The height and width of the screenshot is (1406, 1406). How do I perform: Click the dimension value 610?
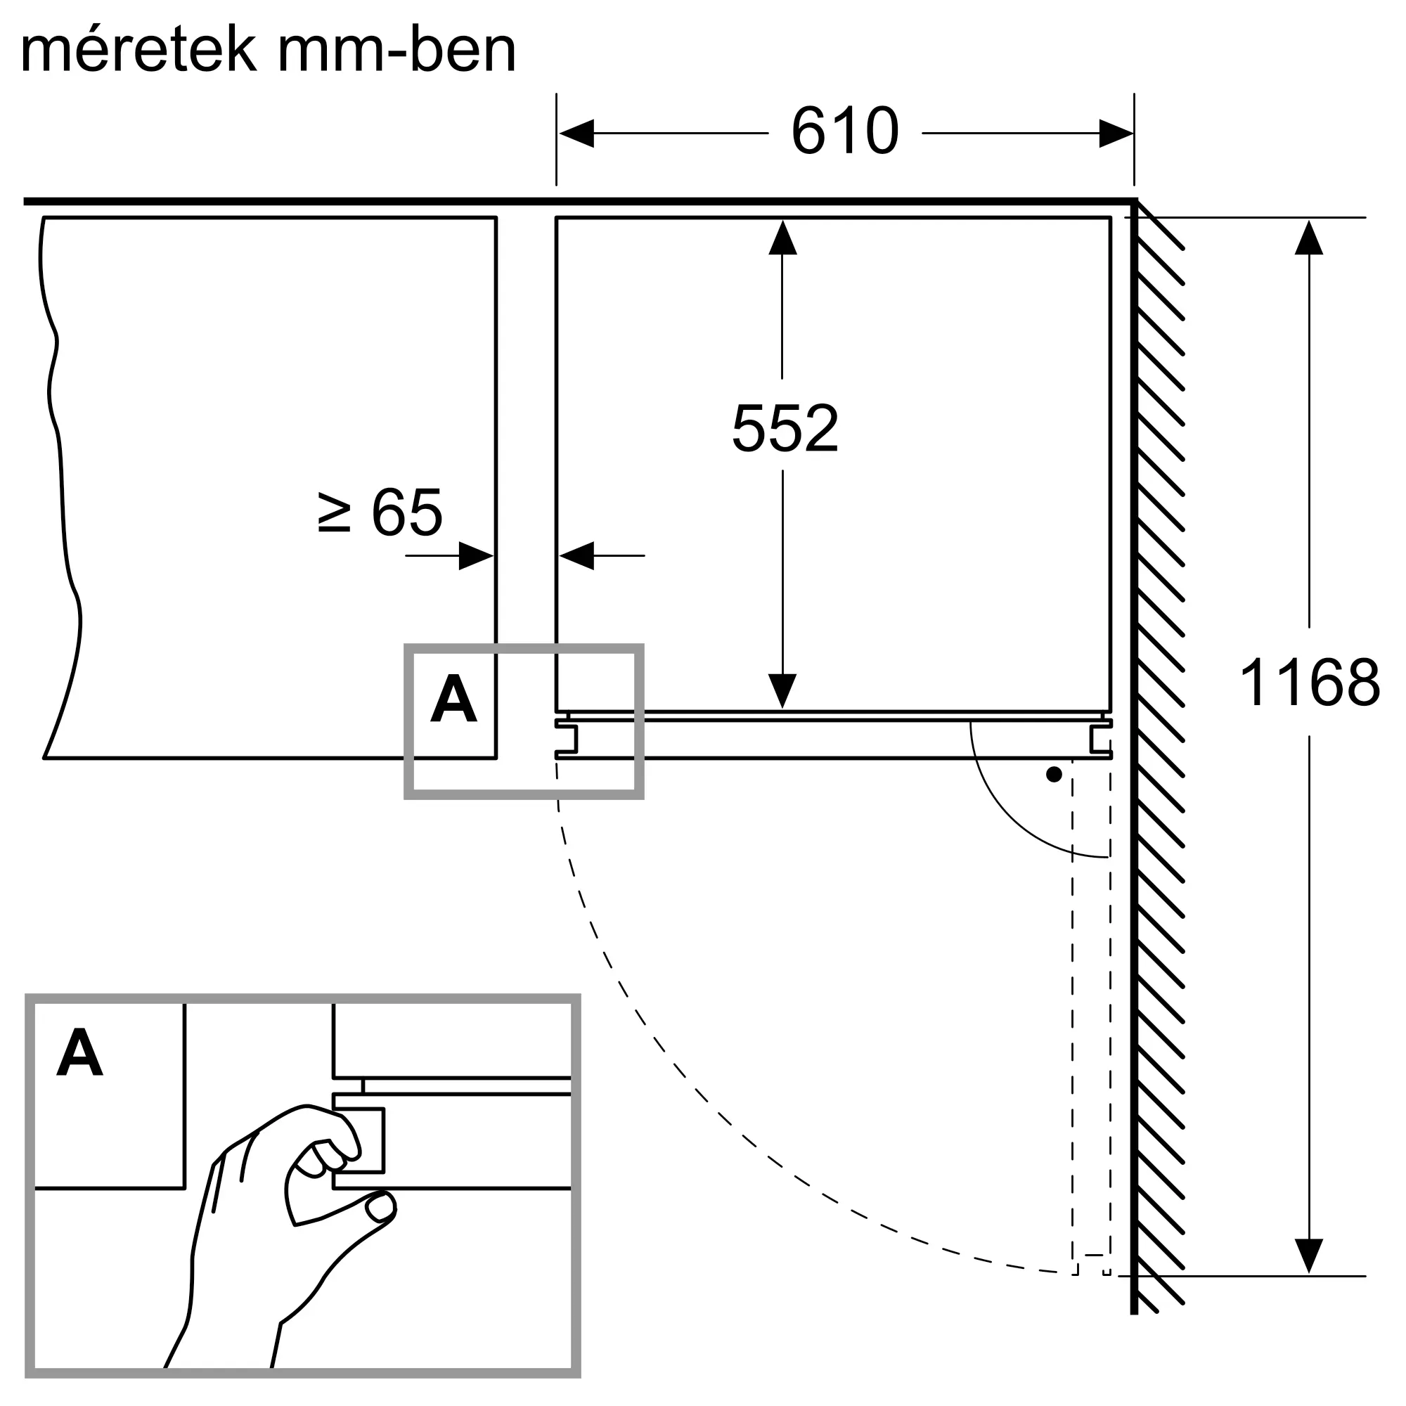[845, 131]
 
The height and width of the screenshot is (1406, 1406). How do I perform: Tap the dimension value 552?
[785, 429]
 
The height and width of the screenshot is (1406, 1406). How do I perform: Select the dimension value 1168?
[1309, 683]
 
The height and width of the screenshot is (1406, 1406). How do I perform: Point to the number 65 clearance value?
[407, 512]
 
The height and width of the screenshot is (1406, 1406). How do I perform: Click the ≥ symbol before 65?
[335, 512]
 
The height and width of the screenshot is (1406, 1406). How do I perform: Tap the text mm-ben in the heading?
[396, 49]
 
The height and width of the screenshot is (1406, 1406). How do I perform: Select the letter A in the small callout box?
[453, 698]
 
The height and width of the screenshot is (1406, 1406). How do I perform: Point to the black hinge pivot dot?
[1054, 774]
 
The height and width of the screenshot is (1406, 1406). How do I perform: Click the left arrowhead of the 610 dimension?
[576, 133]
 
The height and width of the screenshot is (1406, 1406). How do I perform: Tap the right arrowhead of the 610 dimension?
[1116, 133]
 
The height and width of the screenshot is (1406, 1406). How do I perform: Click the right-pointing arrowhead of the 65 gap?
[477, 556]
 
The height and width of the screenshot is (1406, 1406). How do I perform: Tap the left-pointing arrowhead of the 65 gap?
[576, 556]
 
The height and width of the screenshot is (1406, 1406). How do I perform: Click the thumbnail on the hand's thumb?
[380, 1208]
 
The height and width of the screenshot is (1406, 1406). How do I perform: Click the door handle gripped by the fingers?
[359, 1140]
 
